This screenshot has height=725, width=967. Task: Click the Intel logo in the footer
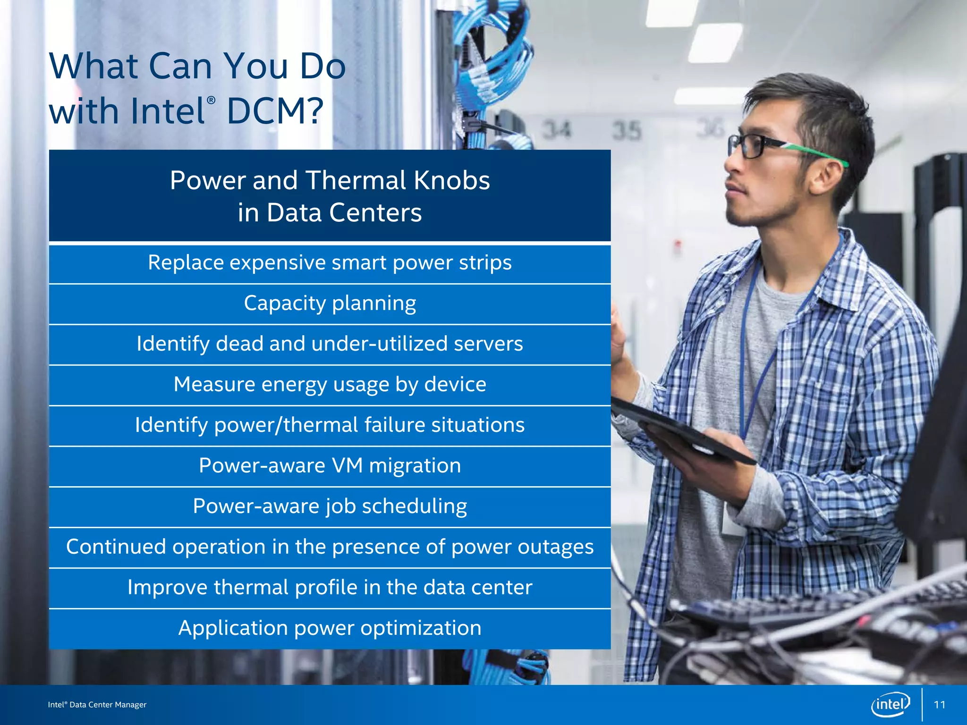pos(890,705)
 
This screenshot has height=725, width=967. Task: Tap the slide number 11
pos(940,705)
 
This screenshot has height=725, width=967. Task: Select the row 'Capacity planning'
pos(330,303)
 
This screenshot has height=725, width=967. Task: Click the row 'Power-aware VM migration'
pos(330,466)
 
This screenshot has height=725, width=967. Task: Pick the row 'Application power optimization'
pos(330,628)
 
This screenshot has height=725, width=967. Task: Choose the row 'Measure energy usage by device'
pos(330,385)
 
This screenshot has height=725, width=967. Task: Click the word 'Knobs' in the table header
pos(452,180)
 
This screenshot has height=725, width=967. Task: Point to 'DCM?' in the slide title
pos(275,111)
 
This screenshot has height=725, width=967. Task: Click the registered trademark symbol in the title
pos(211,100)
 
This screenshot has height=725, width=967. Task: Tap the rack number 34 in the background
pos(556,130)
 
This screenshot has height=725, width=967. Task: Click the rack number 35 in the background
pos(627,131)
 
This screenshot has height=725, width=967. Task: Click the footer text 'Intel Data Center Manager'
pos(97,705)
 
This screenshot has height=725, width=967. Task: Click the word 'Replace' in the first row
pos(185,262)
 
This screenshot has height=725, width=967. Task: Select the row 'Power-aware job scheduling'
pos(330,506)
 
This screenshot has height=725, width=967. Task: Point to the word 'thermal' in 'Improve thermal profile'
pos(251,588)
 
